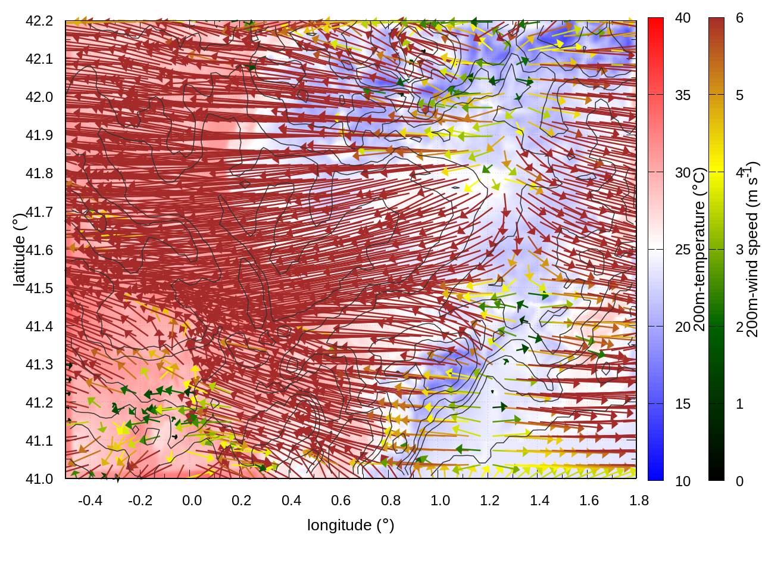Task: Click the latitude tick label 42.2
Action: coord(39,21)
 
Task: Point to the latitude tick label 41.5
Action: coord(39,288)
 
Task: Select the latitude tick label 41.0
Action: coord(39,479)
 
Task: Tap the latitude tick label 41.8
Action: coord(39,173)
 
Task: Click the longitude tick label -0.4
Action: coord(90,500)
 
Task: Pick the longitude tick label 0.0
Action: coord(192,500)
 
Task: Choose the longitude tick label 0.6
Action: coord(341,500)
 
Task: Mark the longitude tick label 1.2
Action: coord(489,500)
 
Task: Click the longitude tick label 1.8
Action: coord(639,500)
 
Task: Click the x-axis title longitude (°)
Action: coord(351,525)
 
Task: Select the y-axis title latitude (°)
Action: coord(19,249)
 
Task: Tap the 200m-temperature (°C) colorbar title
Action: coord(699,249)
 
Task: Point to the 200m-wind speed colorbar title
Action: coord(752,249)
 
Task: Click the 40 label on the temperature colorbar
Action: coord(683,18)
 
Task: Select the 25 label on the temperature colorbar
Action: coord(683,250)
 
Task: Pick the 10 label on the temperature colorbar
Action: coord(683,481)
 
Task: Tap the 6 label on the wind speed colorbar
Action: coord(739,18)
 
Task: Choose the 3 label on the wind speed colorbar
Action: coord(739,250)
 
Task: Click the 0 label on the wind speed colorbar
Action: coord(739,481)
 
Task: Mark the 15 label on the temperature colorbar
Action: coord(683,404)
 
